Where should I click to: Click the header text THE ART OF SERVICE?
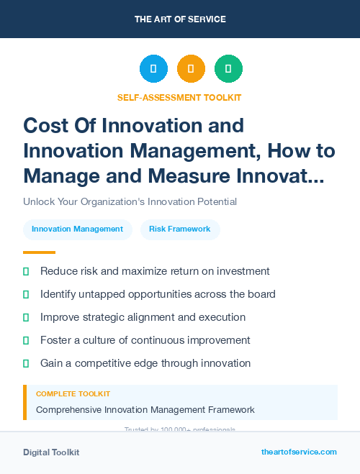pos(180,19)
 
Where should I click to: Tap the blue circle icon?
pos(153,69)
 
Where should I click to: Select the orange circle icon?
pos(191,69)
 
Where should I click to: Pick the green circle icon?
pos(228,69)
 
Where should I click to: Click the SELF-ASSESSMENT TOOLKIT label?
pos(180,97)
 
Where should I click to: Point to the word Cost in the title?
pos(47,125)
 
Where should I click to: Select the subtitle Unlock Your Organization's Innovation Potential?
pos(130,201)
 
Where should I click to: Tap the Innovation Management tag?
pos(78,229)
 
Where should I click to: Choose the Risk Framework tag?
pos(180,229)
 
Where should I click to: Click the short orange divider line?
pos(39,252)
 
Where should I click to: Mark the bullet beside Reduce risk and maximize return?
pos(26,272)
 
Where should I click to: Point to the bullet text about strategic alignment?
pos(143,317)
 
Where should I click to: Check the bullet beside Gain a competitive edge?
pos(26,364)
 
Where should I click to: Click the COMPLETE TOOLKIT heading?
pos(73,394)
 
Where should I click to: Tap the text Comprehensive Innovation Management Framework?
pos(145,410)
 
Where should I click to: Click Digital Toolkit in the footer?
pos(51,452)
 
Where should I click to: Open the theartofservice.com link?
pos(299,452)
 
